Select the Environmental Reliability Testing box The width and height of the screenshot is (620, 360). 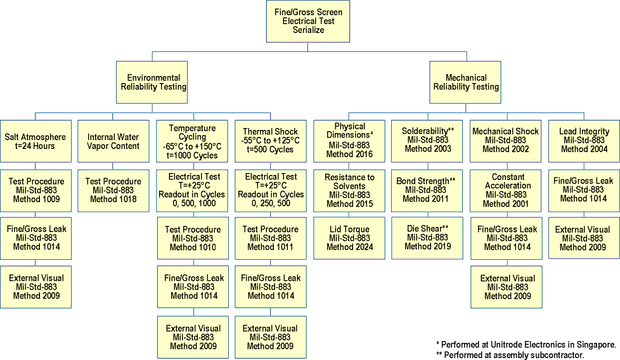(153, 82)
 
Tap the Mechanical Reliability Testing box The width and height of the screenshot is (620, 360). (466, 82)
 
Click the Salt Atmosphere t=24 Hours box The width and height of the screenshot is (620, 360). (36, 141)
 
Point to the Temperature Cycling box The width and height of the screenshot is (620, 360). (193, 141)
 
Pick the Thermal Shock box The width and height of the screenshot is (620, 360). (271, 141)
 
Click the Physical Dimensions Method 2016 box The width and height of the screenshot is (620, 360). (349, 139)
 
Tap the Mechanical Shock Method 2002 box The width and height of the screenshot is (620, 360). (505, 140)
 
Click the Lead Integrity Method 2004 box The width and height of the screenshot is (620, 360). (583, 140)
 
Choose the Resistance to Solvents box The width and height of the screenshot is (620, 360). (349, 190)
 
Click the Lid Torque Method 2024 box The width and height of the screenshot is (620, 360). (349, 238)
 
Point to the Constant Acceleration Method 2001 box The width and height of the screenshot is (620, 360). (505, 190)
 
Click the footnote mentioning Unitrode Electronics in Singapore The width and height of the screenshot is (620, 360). (526, 344)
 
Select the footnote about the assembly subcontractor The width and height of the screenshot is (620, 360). (510, 355)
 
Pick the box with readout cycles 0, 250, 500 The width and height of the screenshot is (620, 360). (271, 190)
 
